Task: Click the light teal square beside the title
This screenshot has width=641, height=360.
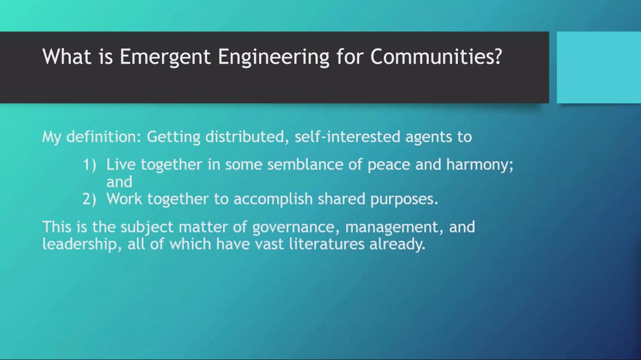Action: click(598, 67)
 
